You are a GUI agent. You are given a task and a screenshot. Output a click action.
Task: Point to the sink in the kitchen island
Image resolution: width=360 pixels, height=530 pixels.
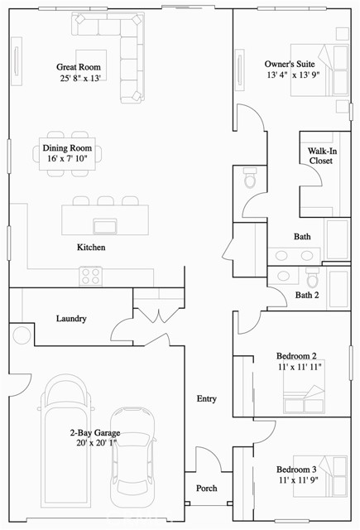point(105,226)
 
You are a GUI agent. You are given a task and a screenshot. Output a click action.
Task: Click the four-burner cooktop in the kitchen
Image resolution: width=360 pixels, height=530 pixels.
point(90,274)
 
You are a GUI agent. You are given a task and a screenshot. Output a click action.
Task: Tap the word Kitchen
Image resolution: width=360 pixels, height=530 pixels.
point(91,248)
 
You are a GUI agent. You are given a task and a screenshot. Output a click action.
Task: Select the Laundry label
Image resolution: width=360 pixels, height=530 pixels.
point(71,319)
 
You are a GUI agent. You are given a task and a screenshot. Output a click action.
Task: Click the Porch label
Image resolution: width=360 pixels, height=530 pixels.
point(206,489)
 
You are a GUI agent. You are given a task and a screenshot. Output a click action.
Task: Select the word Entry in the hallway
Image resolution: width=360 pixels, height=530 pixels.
point(206,399)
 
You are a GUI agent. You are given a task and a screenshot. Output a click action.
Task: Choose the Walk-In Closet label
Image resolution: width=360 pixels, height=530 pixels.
point(320,156)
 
